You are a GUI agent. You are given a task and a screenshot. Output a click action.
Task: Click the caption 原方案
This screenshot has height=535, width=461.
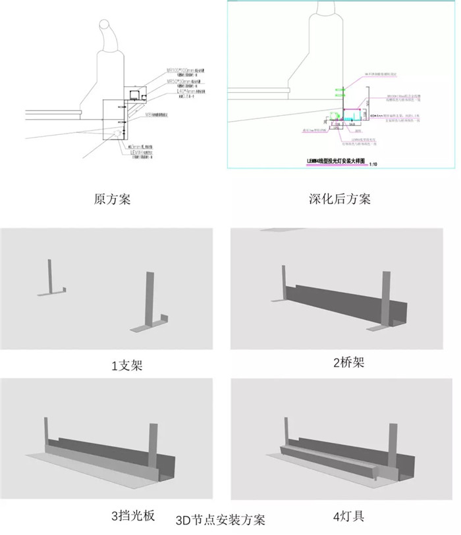113,198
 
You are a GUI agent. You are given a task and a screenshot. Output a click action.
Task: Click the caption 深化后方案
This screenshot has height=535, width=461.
340,198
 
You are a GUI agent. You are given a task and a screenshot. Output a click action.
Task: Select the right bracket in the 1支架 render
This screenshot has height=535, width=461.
149,303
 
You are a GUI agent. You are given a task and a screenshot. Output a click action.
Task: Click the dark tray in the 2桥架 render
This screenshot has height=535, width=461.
336,303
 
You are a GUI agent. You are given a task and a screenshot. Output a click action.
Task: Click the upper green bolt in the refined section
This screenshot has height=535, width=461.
340,88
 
